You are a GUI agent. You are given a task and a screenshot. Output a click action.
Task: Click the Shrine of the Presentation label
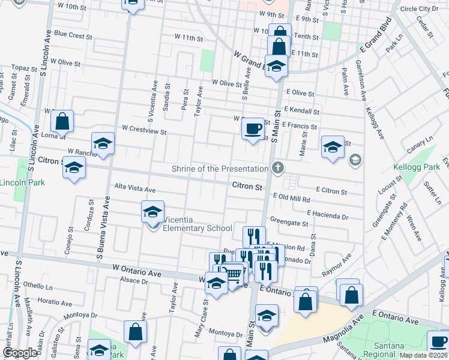pyautogui.click(x=220, y=169)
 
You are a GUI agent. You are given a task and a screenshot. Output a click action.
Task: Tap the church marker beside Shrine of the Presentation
pyautogui.click(x=277, y=168)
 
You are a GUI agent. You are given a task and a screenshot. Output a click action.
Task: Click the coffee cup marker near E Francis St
pyautogui.click(x=253, y=128)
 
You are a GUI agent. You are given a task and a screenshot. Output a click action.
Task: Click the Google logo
pyautogui.click(x=19, y=352)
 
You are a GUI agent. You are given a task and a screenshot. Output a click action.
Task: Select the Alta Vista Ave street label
pyautogui.click(x=135, y=189)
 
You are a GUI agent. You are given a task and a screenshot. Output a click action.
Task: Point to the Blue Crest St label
pyautogui.click(x=73, y=35)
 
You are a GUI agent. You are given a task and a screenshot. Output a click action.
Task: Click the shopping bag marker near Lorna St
pyautogui.click(x=62, y=122)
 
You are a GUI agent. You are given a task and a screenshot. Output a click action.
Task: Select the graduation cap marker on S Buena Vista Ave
pyautogui.click(x=103, y=144)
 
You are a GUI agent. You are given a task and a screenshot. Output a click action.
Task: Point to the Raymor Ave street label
pyautogui.click(x=336, y=266)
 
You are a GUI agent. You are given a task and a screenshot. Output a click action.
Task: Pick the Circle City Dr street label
pyautogui.click(x=419, y=9)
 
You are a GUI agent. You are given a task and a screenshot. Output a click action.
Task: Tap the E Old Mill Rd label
pyautogui.click(x=291, y=197)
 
